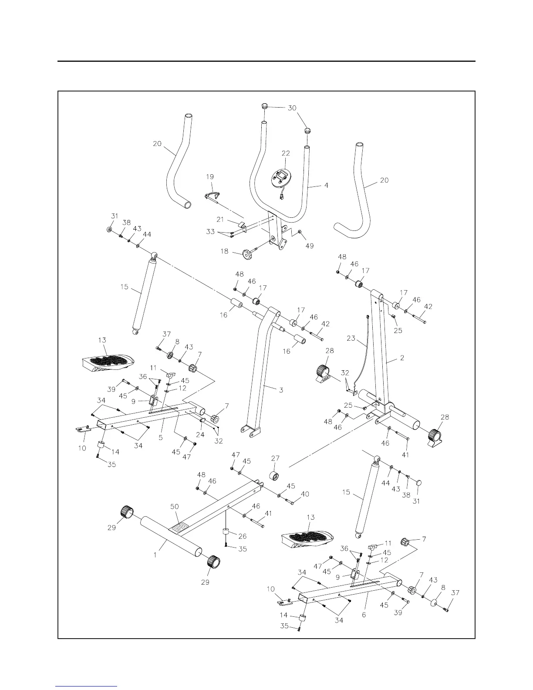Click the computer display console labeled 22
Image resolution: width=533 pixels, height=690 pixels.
[282, 178]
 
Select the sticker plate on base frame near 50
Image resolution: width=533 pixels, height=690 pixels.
[179, 528]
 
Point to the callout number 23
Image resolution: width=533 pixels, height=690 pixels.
[351, 338]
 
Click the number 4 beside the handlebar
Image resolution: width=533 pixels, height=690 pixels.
[326, 186]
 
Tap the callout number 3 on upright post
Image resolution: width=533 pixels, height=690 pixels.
[281, 390]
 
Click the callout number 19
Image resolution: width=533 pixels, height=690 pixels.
[210, 177]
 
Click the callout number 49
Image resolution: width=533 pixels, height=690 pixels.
[309, 246]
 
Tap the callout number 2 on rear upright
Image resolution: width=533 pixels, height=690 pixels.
[402, 358]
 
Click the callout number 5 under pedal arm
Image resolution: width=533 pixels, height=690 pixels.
[161, 437]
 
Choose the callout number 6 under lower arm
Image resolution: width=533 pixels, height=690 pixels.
[364, 615]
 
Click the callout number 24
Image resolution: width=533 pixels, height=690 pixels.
[200, 435]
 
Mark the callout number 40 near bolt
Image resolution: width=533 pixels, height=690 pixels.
[305, 494]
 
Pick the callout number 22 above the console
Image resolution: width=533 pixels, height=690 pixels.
[285, 153]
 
